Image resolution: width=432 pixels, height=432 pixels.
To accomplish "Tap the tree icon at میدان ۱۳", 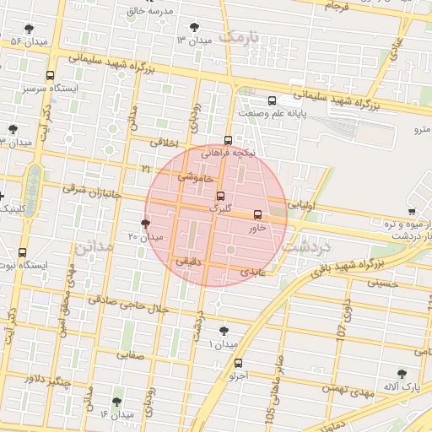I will [x=197, y=27].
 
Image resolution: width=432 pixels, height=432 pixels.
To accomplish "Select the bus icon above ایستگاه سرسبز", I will [x=51, y=75].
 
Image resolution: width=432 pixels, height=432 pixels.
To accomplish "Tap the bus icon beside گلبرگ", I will [x=221, y=196].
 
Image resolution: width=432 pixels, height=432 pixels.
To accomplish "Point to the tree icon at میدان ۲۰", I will [x=145, y=224].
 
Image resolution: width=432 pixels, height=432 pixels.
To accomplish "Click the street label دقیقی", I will [x=187, y=262].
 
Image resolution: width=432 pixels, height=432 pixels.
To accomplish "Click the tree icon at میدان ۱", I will [x=223, y=332].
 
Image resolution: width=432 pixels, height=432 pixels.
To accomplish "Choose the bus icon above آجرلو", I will [x=237, y=364].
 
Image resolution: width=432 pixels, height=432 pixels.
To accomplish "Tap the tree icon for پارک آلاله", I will [x=402, y=373].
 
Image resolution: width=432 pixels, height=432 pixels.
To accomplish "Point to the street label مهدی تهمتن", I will [x=345, y=389].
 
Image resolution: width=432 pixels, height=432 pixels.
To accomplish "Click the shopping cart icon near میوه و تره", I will [x=412, y=211].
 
